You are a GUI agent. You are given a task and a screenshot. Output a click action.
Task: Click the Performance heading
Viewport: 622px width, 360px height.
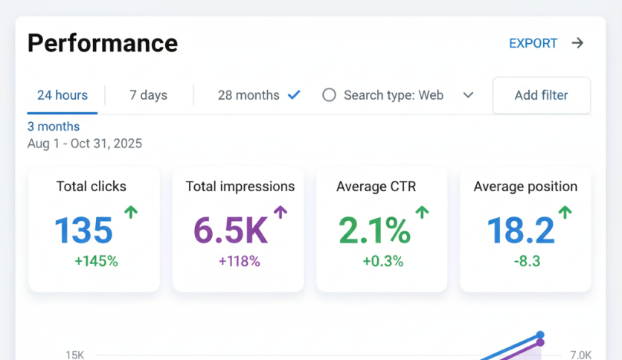pyautogui.click(x=103, y=43)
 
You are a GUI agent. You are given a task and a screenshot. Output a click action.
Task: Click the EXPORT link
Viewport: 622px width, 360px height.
pyautogui.click(x=533, y=43)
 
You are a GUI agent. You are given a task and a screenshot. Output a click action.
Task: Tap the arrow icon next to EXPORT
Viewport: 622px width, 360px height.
pyautogui.click(x=577, y=43)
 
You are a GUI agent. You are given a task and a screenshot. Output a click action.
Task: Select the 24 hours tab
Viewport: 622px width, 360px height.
pyautogui.click(x=62, y=95)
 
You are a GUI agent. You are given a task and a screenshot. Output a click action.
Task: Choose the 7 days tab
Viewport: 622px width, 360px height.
pyautogui.click(x=148, y=95)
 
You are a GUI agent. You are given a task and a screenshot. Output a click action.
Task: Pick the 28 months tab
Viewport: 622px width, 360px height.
pyautogui.click(x=249, y=95)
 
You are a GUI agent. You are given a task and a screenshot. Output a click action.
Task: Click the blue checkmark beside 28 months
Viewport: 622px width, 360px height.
pyautogui.click(x=294, y=94)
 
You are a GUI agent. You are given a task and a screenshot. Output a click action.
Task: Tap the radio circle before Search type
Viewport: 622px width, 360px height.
pyautogui.click(x=329, y=95)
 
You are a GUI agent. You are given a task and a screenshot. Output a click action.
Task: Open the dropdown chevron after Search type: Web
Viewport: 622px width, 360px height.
pyautogui.click(x=468, y=95)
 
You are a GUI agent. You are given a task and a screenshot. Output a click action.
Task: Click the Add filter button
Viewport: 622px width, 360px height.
pyautogui.click(x=541, y=95)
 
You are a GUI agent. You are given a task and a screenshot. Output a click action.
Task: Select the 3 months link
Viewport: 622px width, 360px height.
pyautogui.click(x=54, y=126)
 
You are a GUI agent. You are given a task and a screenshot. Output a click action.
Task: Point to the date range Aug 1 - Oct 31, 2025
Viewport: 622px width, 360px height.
pyautogui.click(x=85, y=144)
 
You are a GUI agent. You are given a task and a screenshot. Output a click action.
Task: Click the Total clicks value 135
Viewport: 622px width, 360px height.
pyautogui.click(x=83, y=231)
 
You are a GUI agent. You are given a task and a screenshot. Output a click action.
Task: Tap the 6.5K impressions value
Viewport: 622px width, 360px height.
pyautogui.click(x=230, y=231)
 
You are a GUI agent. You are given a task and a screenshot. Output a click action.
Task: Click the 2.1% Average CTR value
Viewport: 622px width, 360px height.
pyautogui.click(x=374, y=231)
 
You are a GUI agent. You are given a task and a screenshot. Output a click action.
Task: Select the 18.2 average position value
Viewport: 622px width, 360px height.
pyautogui.click(x=520, y=231)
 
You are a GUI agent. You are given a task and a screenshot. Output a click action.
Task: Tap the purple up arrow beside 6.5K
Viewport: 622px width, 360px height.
pyautogui.click(x=280, y=213)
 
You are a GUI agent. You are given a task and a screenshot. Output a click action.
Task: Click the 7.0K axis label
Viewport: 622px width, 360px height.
pyautogui.click(x=580, y=355)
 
